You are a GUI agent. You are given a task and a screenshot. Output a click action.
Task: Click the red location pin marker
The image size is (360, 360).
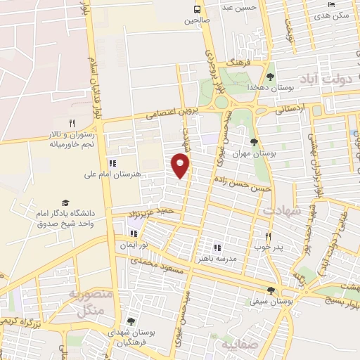(181, 165)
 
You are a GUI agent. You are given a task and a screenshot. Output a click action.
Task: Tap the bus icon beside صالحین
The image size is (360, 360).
(197, 9)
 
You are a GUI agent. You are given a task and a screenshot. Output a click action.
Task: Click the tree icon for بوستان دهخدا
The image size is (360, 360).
(270, 77)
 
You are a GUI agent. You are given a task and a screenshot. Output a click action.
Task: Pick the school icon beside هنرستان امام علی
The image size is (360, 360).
(112, 163)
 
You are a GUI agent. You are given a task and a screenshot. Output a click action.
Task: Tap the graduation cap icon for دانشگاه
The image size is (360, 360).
(65, 202)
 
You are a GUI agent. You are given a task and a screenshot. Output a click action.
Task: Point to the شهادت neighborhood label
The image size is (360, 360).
(282, 210)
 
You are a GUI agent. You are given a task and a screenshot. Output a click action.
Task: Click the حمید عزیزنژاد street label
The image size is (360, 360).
(151, 211)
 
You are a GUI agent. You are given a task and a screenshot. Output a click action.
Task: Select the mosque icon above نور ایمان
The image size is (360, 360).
(134, 233)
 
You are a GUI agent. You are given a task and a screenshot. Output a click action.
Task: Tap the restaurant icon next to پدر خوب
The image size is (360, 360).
(267, 237)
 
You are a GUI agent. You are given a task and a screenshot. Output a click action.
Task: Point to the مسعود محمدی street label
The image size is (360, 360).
(162, 267)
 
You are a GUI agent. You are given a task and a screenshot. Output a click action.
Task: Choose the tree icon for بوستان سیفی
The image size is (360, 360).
(271, 290)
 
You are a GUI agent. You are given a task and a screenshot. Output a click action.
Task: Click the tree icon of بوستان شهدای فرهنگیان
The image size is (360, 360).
(131, 321)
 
